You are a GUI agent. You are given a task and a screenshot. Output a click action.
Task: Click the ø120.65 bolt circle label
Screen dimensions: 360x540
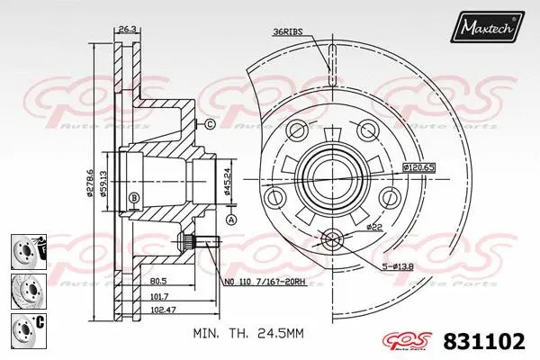coord(418,167)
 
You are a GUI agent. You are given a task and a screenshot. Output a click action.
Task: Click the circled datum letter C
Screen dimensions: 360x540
coord(209,124)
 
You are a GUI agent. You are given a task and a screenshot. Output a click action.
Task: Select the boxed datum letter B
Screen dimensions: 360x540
coord(134,197)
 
